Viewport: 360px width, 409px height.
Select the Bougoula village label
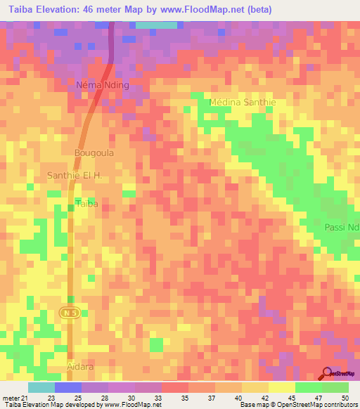click(x=94, y=152)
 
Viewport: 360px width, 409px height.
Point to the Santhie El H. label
click(x=75, y=175)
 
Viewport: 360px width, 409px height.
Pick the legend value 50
click(x=344, y=397)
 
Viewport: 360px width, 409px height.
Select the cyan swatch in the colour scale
click(x=41, y=387)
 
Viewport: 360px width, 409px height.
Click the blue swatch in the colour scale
click(x=67, y=387)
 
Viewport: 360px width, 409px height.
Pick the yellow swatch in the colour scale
click(x=281, y=387)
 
